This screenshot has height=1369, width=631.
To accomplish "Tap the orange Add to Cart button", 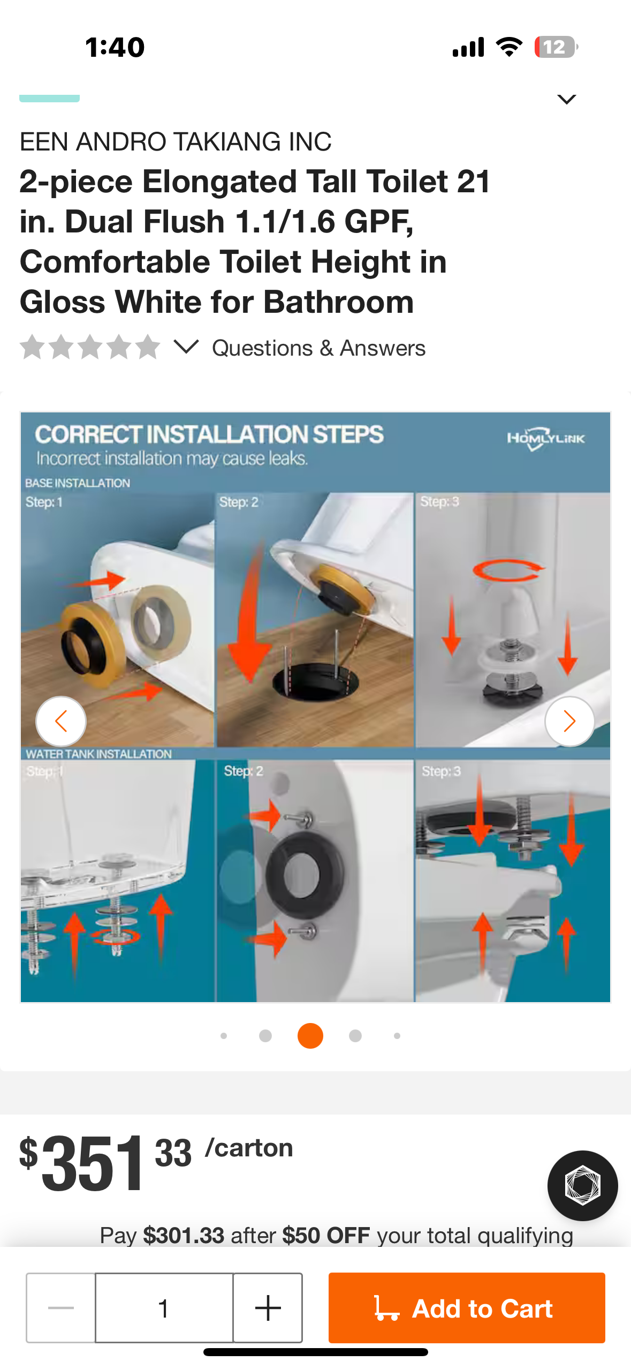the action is point(467,1307).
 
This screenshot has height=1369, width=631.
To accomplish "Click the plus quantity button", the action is point(268,1307).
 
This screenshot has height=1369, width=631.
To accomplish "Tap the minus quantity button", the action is point(61,1307).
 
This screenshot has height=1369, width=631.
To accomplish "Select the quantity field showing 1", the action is point(164,1307).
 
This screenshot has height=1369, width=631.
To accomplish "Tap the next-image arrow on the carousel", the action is point(569,721).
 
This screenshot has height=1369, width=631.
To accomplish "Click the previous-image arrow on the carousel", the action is point(61,721).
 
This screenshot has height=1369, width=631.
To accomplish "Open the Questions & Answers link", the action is point(319,348).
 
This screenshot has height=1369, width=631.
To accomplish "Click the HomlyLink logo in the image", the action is point(546,439).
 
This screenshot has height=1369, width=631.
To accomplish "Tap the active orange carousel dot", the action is point(310,1035).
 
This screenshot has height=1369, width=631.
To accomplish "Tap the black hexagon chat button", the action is point(582,1185).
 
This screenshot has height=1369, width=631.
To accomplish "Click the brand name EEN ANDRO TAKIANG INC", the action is point(176,142).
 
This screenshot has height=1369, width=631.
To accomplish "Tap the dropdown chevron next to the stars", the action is point(186,347).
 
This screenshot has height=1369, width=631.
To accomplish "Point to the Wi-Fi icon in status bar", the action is point(510,47).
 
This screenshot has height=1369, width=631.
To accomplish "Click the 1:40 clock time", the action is point(115,47).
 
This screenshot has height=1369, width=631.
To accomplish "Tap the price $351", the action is point(82,1163).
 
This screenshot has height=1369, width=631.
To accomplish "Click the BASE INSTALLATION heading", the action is point(78,483).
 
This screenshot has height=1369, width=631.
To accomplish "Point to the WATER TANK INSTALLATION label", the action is point(98,754).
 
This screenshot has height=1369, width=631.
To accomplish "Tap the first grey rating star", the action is point(33,347).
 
